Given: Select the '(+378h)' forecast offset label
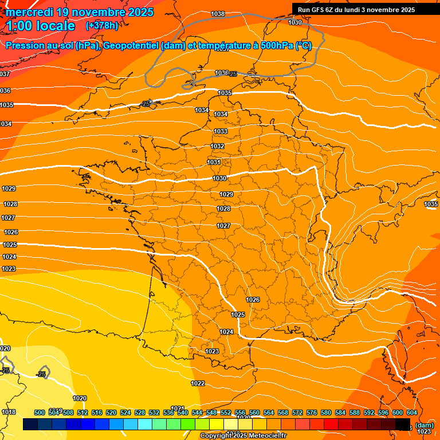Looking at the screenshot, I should click(101, 26).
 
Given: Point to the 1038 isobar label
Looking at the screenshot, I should click(218, 14).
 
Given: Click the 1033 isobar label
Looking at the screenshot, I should click(220, 131).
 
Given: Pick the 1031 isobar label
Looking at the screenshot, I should click(214, 162).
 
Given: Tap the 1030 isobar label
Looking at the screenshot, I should click(219, 178).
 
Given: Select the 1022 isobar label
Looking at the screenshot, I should click(198, 383).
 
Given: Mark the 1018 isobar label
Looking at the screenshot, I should click(9, 412).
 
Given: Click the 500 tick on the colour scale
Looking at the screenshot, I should click(40, 412).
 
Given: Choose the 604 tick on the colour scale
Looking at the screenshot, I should click(411, 412).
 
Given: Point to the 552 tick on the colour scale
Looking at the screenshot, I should click(226, 412).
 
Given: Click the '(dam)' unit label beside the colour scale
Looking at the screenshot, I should click(424, 425).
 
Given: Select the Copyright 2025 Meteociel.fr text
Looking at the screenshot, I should click(243, 436).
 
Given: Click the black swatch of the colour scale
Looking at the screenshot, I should click(403, 425).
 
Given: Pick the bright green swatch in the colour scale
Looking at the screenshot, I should click(187, 425).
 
